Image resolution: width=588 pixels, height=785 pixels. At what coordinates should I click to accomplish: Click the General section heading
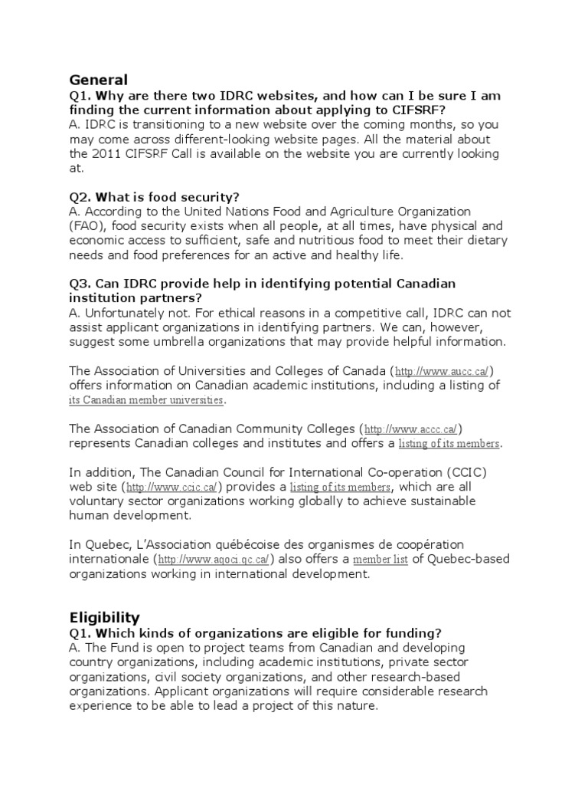point(98,80)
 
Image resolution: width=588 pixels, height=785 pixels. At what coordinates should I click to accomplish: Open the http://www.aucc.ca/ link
point(437,370)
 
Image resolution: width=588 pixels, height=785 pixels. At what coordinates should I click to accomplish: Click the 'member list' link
point(380,560)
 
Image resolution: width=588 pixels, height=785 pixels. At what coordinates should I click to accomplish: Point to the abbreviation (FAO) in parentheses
point(85,225)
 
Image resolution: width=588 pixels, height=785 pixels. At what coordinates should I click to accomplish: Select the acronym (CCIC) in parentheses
point(467,471)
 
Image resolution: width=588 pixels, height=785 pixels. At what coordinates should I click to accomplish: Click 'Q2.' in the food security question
point(80,196)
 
